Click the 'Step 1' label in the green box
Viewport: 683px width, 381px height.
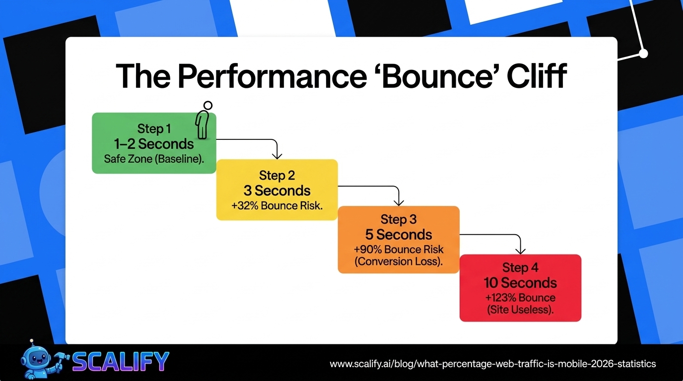tap(154, 129)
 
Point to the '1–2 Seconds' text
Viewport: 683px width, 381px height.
tap(154, 144)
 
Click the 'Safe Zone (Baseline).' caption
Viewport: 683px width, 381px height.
tap(154, 159)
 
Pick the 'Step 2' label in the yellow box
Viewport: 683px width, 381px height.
tap(277, 176)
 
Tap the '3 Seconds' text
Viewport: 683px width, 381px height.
tap(277, 190)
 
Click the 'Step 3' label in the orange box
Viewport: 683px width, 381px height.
tap(399, 219)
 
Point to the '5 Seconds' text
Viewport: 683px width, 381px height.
tap(399, 235)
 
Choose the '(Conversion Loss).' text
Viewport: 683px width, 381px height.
tap(399, 262)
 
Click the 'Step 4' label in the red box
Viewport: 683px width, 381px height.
tap(520, 268)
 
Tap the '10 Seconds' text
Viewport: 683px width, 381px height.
tap(520, 283)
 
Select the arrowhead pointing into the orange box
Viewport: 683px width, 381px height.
tap(398, 202)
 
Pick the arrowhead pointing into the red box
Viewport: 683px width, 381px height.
tap(520, 251)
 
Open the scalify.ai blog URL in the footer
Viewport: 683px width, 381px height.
tap(493, 364)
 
